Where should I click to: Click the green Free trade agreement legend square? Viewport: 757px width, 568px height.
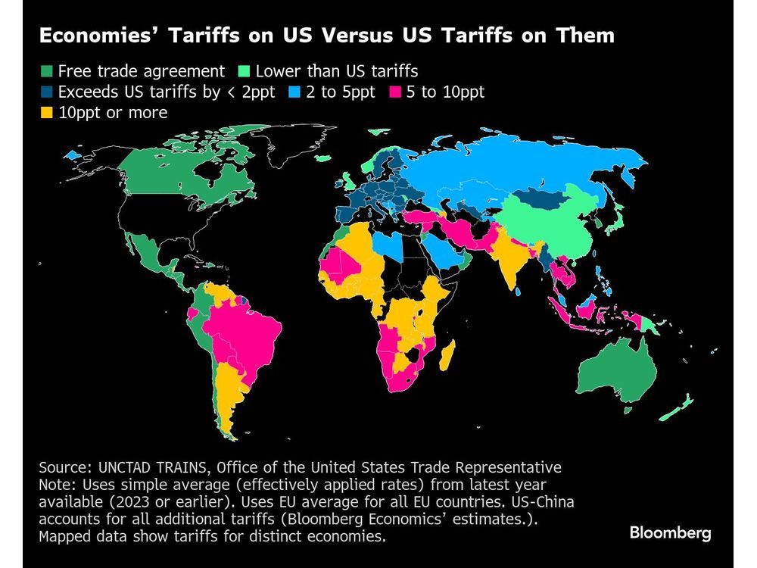tap(46, 72)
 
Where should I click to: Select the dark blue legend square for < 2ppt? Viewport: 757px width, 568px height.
tap(46, 92)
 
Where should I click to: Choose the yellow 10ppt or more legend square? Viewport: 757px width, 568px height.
tap(46, 113)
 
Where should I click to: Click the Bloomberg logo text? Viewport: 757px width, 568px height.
tap(670, 533)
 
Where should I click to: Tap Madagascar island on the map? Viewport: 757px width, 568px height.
tap(447, 356)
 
